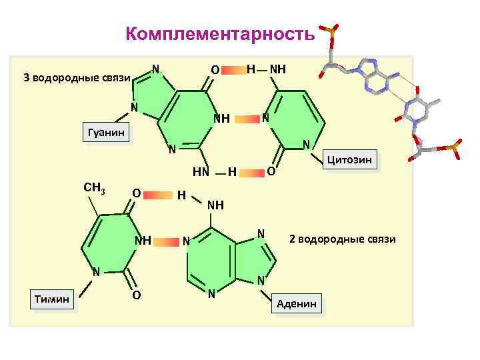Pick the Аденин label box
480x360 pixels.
click(297, 303)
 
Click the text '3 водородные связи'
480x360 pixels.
click(75, 77)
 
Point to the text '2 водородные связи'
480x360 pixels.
click(342, 239)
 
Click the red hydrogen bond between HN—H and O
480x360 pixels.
click(251, 173)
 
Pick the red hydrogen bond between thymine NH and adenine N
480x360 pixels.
click(167, 241)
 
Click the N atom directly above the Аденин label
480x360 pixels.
click(262, 279)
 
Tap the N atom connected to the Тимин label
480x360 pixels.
click(96, 272)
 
